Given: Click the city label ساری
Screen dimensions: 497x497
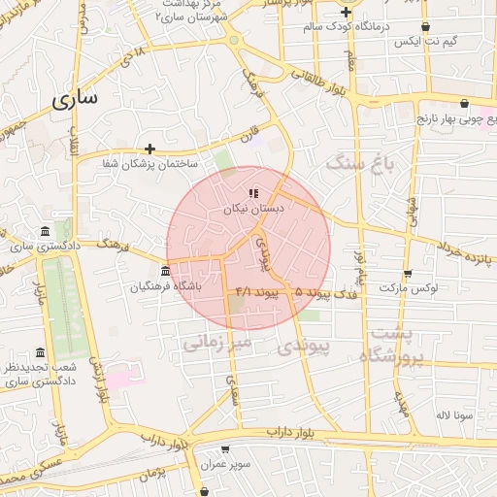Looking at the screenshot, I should click(77, 100).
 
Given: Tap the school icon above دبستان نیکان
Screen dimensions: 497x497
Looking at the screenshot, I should click(253, 193).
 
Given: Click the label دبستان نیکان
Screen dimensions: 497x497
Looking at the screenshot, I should click(253, 209).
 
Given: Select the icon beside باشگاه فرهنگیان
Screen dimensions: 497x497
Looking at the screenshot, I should click(166, 271).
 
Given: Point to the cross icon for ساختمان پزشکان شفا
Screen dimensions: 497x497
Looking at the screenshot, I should click(149, 149).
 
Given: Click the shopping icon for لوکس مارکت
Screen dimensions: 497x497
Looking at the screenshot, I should click(407, 274).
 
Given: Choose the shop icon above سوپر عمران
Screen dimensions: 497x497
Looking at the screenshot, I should click(226, 449).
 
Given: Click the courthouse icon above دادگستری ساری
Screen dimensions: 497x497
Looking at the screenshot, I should click(46, 231).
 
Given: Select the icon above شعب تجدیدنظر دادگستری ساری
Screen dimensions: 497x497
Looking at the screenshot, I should click(40, 352).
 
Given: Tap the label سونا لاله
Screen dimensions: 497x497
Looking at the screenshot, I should click(454, 414).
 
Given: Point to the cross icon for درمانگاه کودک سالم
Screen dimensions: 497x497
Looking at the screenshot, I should click(347, 12).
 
